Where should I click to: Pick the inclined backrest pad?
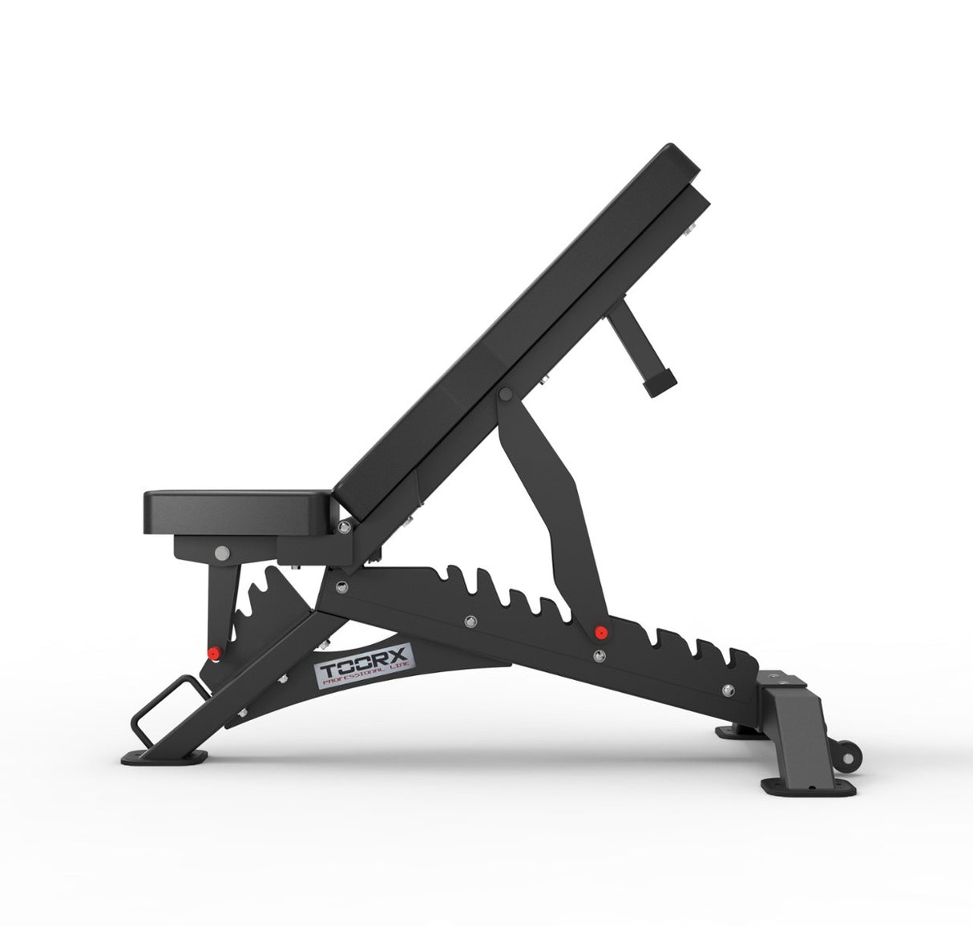[513, 320]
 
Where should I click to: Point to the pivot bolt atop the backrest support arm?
[505, 395]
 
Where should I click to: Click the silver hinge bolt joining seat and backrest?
[344, 526]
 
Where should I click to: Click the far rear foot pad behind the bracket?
[733, 731]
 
